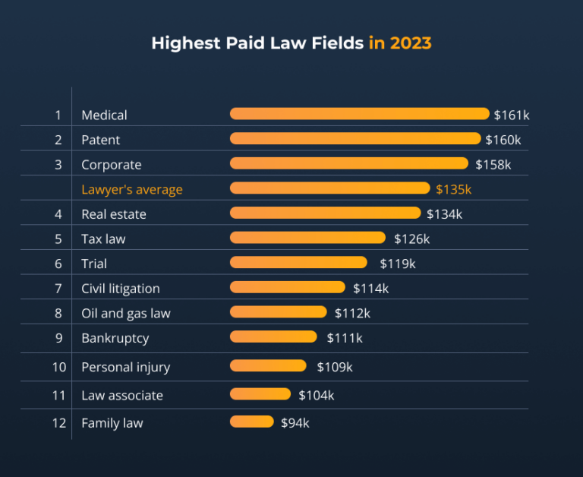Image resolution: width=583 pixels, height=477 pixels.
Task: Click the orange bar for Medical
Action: click(x=359, y=114)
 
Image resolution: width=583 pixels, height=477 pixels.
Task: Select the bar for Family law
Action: click(x=251, y=422)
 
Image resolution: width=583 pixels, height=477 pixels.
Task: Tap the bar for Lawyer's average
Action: click(x=329, y=188)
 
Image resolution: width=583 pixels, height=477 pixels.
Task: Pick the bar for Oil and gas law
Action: click(x=278, y=312)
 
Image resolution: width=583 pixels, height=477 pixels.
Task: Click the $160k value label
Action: click(x=503, y=140)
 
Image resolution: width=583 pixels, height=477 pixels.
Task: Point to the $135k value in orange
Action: click(x=453, y=189)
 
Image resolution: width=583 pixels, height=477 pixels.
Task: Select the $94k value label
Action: click(x=295, y=422)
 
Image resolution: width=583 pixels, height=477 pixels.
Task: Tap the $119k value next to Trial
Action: click(x=398, y=264)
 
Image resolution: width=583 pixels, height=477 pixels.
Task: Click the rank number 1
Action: click(x=58, y=115)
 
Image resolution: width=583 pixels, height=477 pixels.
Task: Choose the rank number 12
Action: click(x=59, y=423)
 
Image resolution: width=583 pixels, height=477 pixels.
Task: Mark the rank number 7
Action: click(x=58, y=289)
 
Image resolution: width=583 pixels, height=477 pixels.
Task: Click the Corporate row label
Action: click(x=111, y=165)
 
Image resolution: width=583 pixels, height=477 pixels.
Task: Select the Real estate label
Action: click(x=114, y=214)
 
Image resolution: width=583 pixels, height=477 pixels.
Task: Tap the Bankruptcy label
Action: click(x=115, y=338)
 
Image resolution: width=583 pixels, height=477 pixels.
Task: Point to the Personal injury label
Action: click(x=125, y=368)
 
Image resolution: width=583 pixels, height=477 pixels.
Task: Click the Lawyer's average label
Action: click(x=132, y=189)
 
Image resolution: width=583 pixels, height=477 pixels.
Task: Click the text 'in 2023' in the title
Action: click(x=399, y=43)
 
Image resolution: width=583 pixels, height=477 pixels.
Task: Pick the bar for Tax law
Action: click(x=307, y=238)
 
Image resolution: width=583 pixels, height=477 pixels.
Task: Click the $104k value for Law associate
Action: click(x=316, y=395)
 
